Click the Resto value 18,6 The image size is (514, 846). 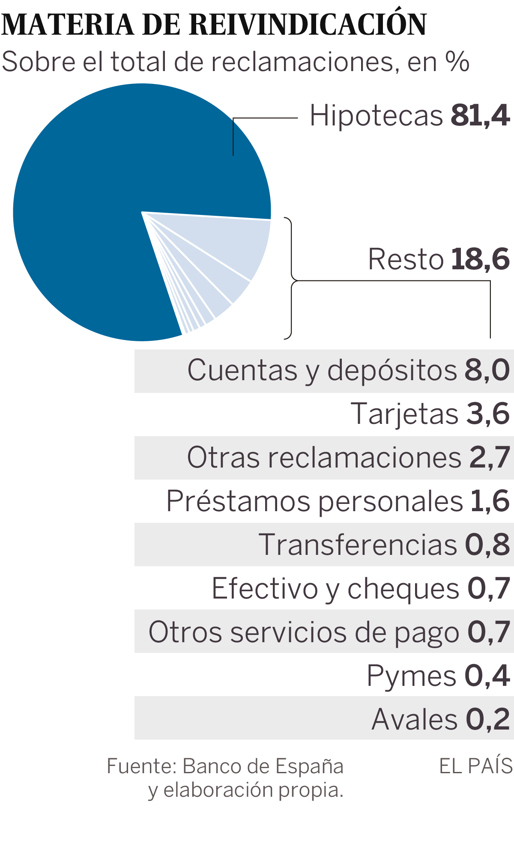click(x=480, y=259)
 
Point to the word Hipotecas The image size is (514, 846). click(x=376, y=116)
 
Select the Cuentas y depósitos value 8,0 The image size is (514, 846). click(x=487, y=370)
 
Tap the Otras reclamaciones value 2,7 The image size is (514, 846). click(x=490, y=458)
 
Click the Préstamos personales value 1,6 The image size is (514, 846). click(x=490, y=501)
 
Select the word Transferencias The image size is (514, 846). click(x=358, y=545)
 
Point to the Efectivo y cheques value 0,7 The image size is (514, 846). click(x=489, y=588)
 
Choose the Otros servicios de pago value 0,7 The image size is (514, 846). click(x=489, y=632)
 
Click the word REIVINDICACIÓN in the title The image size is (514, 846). click(x=308, y=25)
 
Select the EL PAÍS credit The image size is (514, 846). click(x=476, y=766)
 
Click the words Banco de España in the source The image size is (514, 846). click(x=263, y=766)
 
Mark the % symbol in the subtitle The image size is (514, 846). click(x=457, y=62)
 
